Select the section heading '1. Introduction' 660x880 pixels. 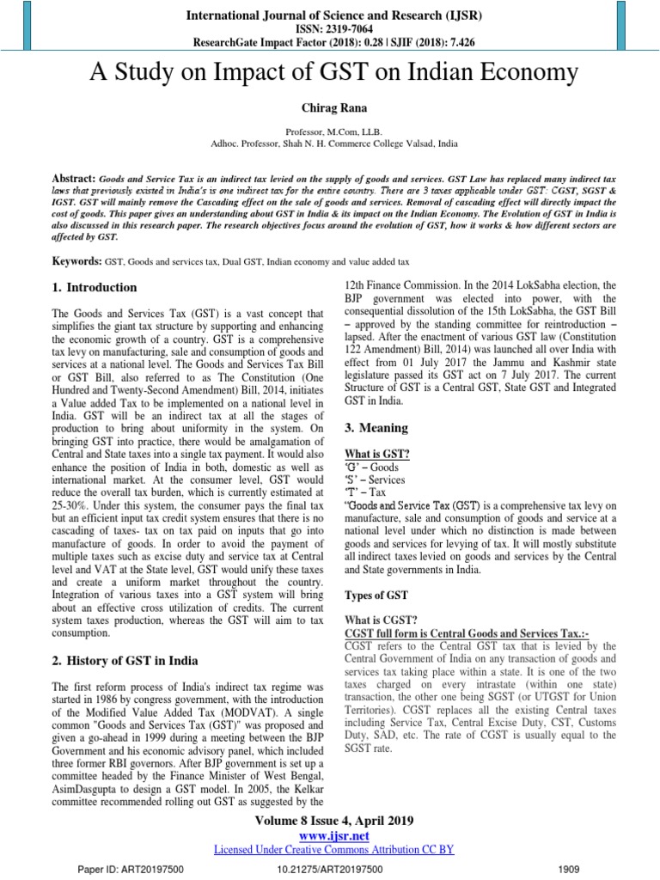[92, 287]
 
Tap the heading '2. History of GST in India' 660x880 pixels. [126, 660]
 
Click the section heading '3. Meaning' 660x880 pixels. [376, 427]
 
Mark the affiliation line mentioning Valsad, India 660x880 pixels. [331, 144]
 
